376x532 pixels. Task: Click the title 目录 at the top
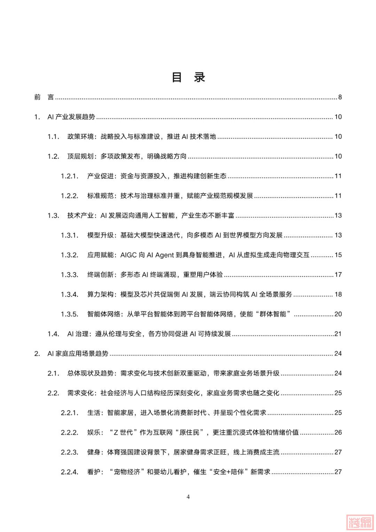coord(188,77)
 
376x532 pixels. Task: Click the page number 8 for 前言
coord(340,97)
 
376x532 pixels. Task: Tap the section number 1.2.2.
coord(70,196)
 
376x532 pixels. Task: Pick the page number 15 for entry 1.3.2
coord(338,255)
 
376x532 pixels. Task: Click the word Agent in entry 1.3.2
coord(164,255)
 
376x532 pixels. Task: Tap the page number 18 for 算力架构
coord(338,294)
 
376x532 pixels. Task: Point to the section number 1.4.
coord(53,334)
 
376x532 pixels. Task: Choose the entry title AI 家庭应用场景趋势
coord(78,354)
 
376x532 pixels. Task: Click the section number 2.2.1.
coord(70,413)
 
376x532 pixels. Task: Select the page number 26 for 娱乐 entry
coord(338,433)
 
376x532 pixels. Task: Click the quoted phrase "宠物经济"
coord(125,472)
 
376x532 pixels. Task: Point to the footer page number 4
coord(188,497)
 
